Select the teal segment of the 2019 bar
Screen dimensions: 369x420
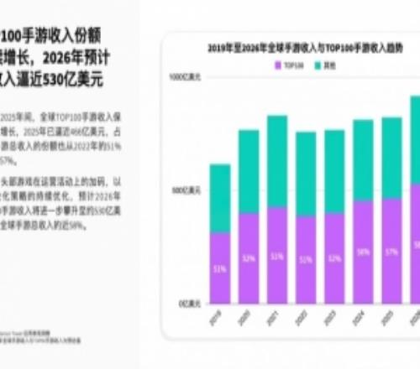click(219, 197)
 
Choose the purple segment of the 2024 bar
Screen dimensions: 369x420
click(363, 252)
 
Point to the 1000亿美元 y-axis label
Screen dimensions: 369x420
click(182, 77)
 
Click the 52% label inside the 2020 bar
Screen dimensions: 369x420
click(249, 258)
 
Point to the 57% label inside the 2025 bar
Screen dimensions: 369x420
click(391, 251)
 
